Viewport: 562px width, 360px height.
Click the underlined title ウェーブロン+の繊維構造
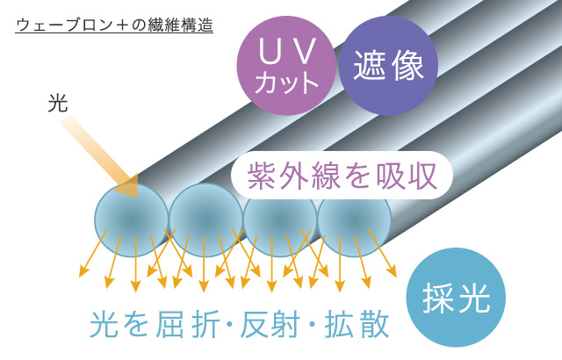click(114, 25)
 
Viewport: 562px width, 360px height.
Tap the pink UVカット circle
click(286, 66)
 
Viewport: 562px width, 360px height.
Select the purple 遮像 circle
click(388, 66)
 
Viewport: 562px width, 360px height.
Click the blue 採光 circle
click(456, 298)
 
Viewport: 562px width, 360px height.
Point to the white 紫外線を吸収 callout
click(342, 176)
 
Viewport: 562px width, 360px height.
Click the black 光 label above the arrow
click(58, 104)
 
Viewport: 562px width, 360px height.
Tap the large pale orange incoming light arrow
click(99, 156)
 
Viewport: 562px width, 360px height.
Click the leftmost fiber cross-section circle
click(132, 220)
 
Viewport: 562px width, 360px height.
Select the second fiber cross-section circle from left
click(205, 220)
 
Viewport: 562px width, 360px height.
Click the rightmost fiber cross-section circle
click(354, 226)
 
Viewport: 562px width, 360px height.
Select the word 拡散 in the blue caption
click(357, 325)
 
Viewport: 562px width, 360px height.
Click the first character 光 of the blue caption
click(104, 325)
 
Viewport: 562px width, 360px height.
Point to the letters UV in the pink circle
click(287, 52)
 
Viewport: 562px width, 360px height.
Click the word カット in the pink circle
click(287, 83)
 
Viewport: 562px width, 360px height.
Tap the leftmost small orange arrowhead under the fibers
click(83, 272)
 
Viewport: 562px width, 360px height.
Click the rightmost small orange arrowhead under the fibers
click(393, 271)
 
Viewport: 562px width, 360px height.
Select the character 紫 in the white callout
click(260, 176)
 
